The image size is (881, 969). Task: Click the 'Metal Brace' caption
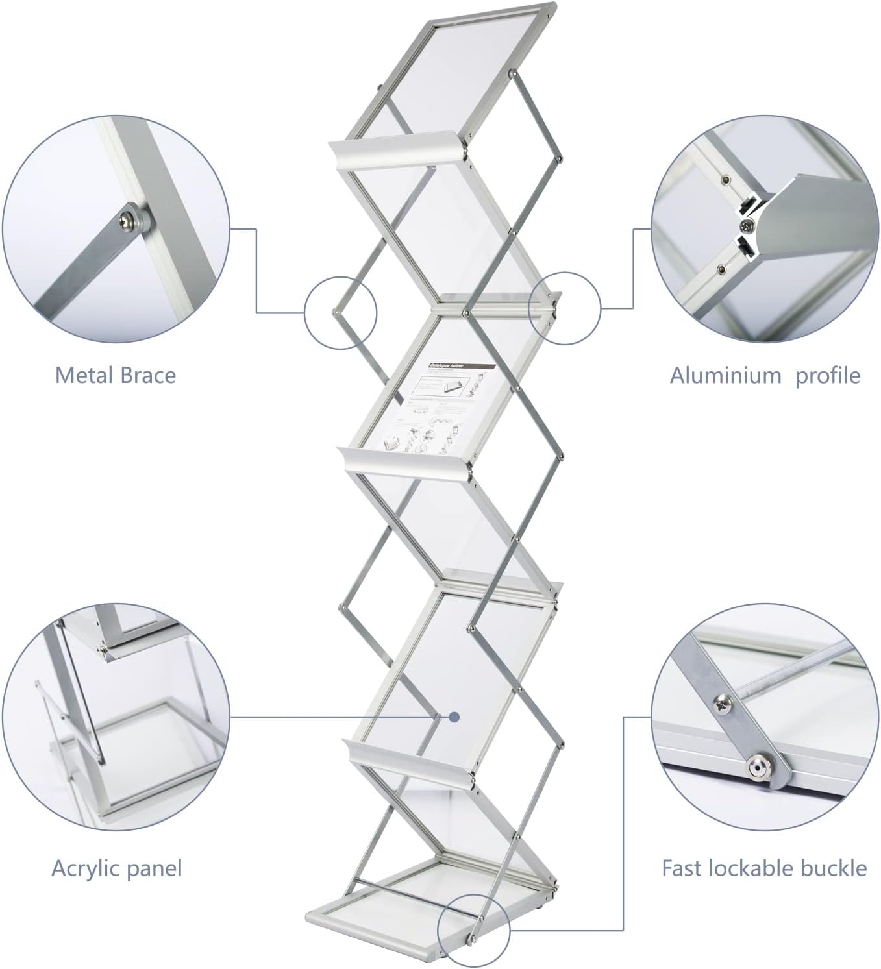tap(115, 375)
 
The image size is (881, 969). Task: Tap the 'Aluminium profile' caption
tap(765, 375)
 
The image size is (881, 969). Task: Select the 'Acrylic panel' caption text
tap(117, 868)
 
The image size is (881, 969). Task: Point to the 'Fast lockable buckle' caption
tap(764, 868)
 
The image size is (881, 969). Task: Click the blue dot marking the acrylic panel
tap(454, 717)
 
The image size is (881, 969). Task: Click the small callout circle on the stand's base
tap(473, 929)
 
